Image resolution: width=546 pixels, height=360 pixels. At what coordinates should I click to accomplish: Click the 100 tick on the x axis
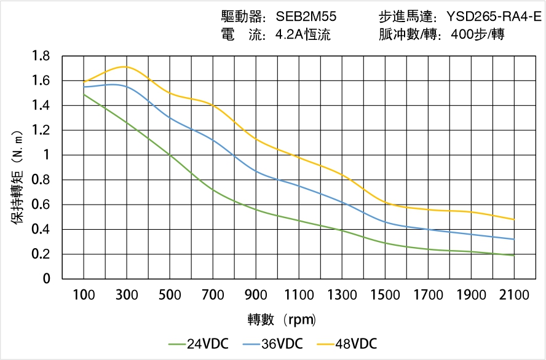pyautogui.click(x=84, y=295)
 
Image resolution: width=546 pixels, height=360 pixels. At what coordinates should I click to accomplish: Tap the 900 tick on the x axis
pyautogui.click(x=256, y=295)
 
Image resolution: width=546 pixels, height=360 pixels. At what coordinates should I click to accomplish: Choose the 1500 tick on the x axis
pyautogui.click(x=385, y=295)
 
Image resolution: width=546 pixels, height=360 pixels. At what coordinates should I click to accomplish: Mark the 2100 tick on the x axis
pyautogui.click(x=514, y=295)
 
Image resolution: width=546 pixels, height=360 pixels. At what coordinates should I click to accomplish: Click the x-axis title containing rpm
pyautogui.click(x=282, y=319)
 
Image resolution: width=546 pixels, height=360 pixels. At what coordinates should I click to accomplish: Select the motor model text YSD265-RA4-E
pyautogui.click(x=494, y=17)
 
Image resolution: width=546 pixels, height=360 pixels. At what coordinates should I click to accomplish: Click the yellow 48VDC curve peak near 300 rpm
pyautogui.click(x=126, y=67)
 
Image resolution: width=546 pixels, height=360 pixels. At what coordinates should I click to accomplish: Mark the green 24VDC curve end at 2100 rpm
pyautogui.click(x=514, y=255)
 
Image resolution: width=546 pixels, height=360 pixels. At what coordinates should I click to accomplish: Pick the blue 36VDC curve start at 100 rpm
pyautogui.click(x=84, y=87)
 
